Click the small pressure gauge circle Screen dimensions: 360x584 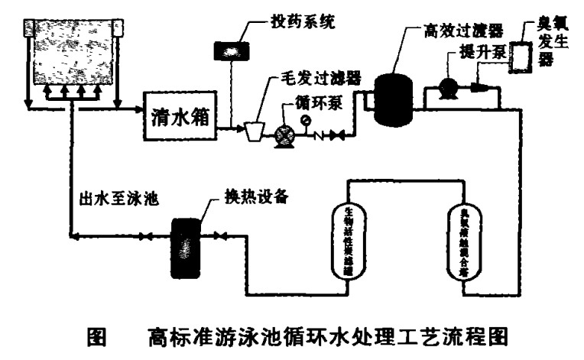pos(307,121)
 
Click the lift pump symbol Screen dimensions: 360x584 pos(448,87)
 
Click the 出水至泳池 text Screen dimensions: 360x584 pos(118,202)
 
